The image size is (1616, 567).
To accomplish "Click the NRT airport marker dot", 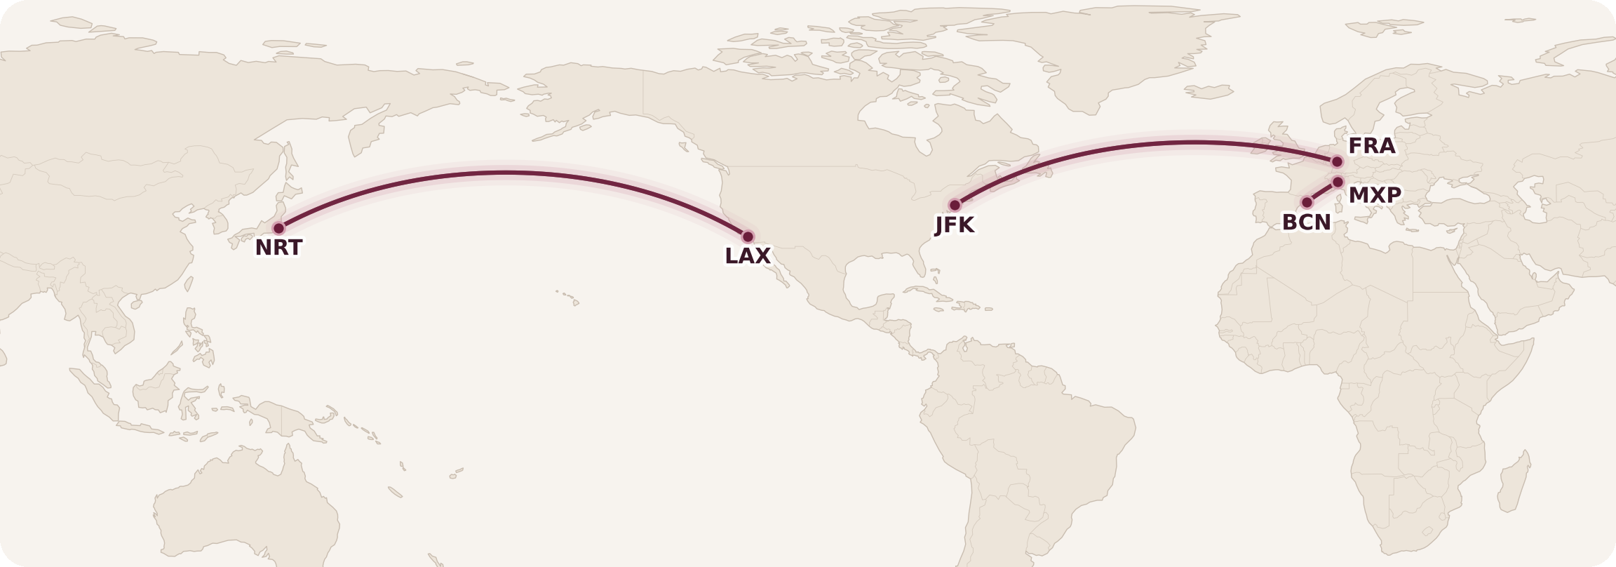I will coord(278,228).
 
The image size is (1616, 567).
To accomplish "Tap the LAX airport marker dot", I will coord(748,236).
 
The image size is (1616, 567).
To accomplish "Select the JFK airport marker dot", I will coord(955,205).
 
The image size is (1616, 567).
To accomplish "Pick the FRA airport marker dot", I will coord(1337,161).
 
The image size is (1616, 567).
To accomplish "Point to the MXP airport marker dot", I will coord(1338,182).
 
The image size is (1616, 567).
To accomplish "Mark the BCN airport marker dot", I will coord(1307,202).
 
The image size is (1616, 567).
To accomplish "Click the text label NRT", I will coord(278,248).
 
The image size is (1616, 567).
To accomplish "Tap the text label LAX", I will coord(748,256).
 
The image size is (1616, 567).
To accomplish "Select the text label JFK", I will coord(955,225).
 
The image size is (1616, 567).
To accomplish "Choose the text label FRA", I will coord(1371,146).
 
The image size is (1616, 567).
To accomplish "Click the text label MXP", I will coord(1375,195).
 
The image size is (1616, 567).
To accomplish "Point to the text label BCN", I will coord(1306,222).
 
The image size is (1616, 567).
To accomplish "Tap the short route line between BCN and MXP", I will coord(1322,192).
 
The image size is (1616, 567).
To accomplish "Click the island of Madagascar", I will coord(1514,484).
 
